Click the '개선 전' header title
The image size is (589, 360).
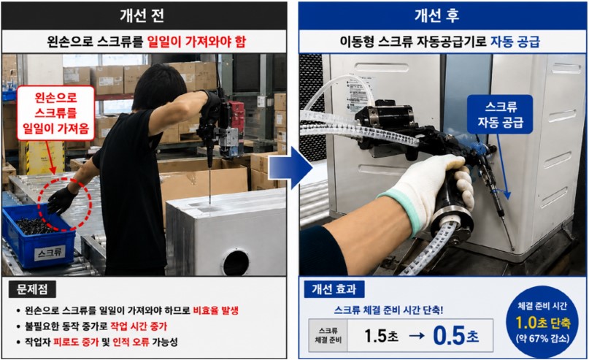click(142, 15)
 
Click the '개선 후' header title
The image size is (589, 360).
click(437, 15)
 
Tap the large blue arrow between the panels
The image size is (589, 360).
click(290, 168)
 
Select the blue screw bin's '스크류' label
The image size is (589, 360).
click(50, 253)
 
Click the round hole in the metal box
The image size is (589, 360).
click(236, 263)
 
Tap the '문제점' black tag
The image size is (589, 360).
click(32, 289)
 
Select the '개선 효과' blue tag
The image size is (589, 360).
click(334, 289)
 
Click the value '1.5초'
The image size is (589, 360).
click(381, 336)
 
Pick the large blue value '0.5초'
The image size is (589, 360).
click(456, 335)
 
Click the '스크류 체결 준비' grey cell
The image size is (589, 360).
click(328, 335)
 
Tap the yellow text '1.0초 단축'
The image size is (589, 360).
click(543, 323)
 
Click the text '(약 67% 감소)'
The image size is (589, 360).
click(543, 339)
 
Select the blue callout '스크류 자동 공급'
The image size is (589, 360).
click(500, 114)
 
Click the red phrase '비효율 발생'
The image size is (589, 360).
click(216, 310)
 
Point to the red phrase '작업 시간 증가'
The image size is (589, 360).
click(139, 326)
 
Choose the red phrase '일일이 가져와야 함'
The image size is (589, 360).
click(196, 42)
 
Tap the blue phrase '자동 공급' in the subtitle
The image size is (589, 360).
click(515, 42)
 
